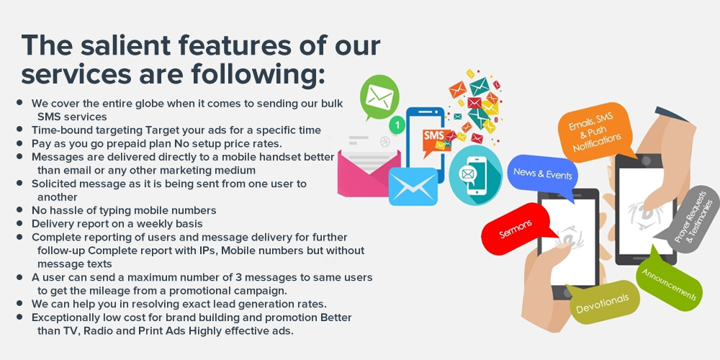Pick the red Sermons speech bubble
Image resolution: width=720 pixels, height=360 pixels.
[x=516, y=228]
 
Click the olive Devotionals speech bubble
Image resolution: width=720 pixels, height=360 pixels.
[x=602, y=302]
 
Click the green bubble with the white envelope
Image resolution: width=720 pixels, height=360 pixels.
[x=379, y=97]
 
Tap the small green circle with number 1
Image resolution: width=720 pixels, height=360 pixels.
[x=397, y=125]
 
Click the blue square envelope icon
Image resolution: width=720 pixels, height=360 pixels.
[x=413, y=186]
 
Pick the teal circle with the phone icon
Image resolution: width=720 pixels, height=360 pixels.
[x=476, y=175]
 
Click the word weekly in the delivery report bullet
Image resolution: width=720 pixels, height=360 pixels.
[x=156, y=224]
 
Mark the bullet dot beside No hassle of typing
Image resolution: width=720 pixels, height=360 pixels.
[x=19, y=210]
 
